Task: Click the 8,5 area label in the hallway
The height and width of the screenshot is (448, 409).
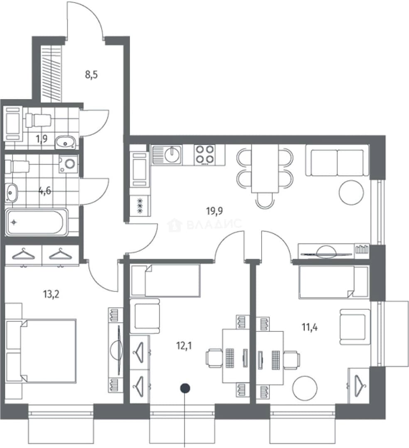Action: (91, 75)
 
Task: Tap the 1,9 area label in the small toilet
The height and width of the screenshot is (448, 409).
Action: (42, 139)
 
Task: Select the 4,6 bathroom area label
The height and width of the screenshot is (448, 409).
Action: (45, 190)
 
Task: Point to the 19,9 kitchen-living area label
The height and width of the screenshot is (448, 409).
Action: (215, 211)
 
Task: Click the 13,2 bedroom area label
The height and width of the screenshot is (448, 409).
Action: (51, 294)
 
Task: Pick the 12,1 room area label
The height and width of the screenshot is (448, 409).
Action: (184, 346)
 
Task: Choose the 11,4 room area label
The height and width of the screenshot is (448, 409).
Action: (310, 327)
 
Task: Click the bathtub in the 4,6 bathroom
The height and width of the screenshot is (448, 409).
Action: (36, 222)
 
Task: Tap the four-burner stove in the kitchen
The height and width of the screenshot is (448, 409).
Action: (204, 155)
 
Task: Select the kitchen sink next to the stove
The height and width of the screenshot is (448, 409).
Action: (167, 155)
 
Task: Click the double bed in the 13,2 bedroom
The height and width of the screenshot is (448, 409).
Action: (42, 351)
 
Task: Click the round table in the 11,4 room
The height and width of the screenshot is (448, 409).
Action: (305, 388)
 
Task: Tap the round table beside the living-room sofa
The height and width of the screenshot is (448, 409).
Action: (352, 192)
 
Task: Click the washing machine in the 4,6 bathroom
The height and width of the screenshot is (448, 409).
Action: (69, 164)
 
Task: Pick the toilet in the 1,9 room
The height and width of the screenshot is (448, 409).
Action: (38, 120)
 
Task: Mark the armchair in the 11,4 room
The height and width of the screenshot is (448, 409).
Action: (355, 326)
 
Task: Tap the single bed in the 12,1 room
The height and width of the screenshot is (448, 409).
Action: (166, 280)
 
